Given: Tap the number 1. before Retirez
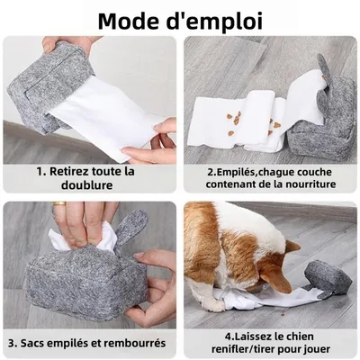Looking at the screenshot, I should point(41,171).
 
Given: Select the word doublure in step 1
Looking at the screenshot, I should point(89,185).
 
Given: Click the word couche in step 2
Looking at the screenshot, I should point(319,169).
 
